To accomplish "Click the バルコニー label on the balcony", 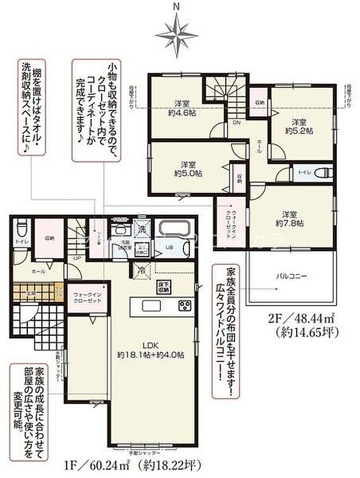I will click(287, 276).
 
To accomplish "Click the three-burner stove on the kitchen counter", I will click(185, 306).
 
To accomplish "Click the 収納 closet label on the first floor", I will click(49, 238).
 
